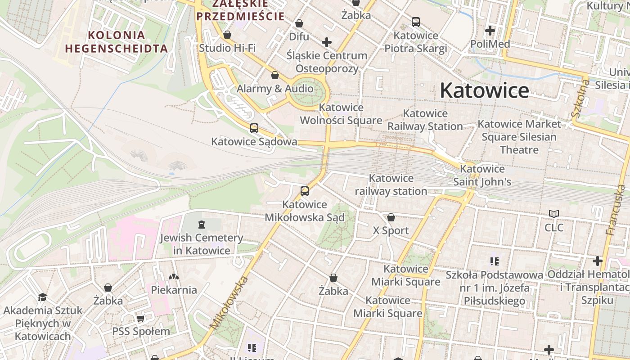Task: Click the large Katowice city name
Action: (x=484, y=90)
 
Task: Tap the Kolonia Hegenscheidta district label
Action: (x=116, y=41)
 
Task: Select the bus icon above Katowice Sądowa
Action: (x=254, y=128)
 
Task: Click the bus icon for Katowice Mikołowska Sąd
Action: (x=305, y=191)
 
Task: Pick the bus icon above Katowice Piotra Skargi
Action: (x=416, y=22)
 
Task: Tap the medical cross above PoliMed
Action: (x=490, y=31)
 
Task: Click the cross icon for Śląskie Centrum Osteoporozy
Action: (x=327, y=43)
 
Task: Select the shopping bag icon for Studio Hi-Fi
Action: (x=227, y=35)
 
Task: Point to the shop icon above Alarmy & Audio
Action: (x=275, y=75)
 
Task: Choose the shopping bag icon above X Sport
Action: (x=391, y=217)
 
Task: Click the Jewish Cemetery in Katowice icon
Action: (x=201, y=224)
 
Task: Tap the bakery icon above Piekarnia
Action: (x=174, y=276)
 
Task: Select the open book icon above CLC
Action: (x=554, y=214)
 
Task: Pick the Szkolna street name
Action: (x=580, y=97)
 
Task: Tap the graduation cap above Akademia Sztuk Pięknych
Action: (x=43, y=297)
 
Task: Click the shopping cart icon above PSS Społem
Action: (x=141, y=319)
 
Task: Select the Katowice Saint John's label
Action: (x=482, y=175)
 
